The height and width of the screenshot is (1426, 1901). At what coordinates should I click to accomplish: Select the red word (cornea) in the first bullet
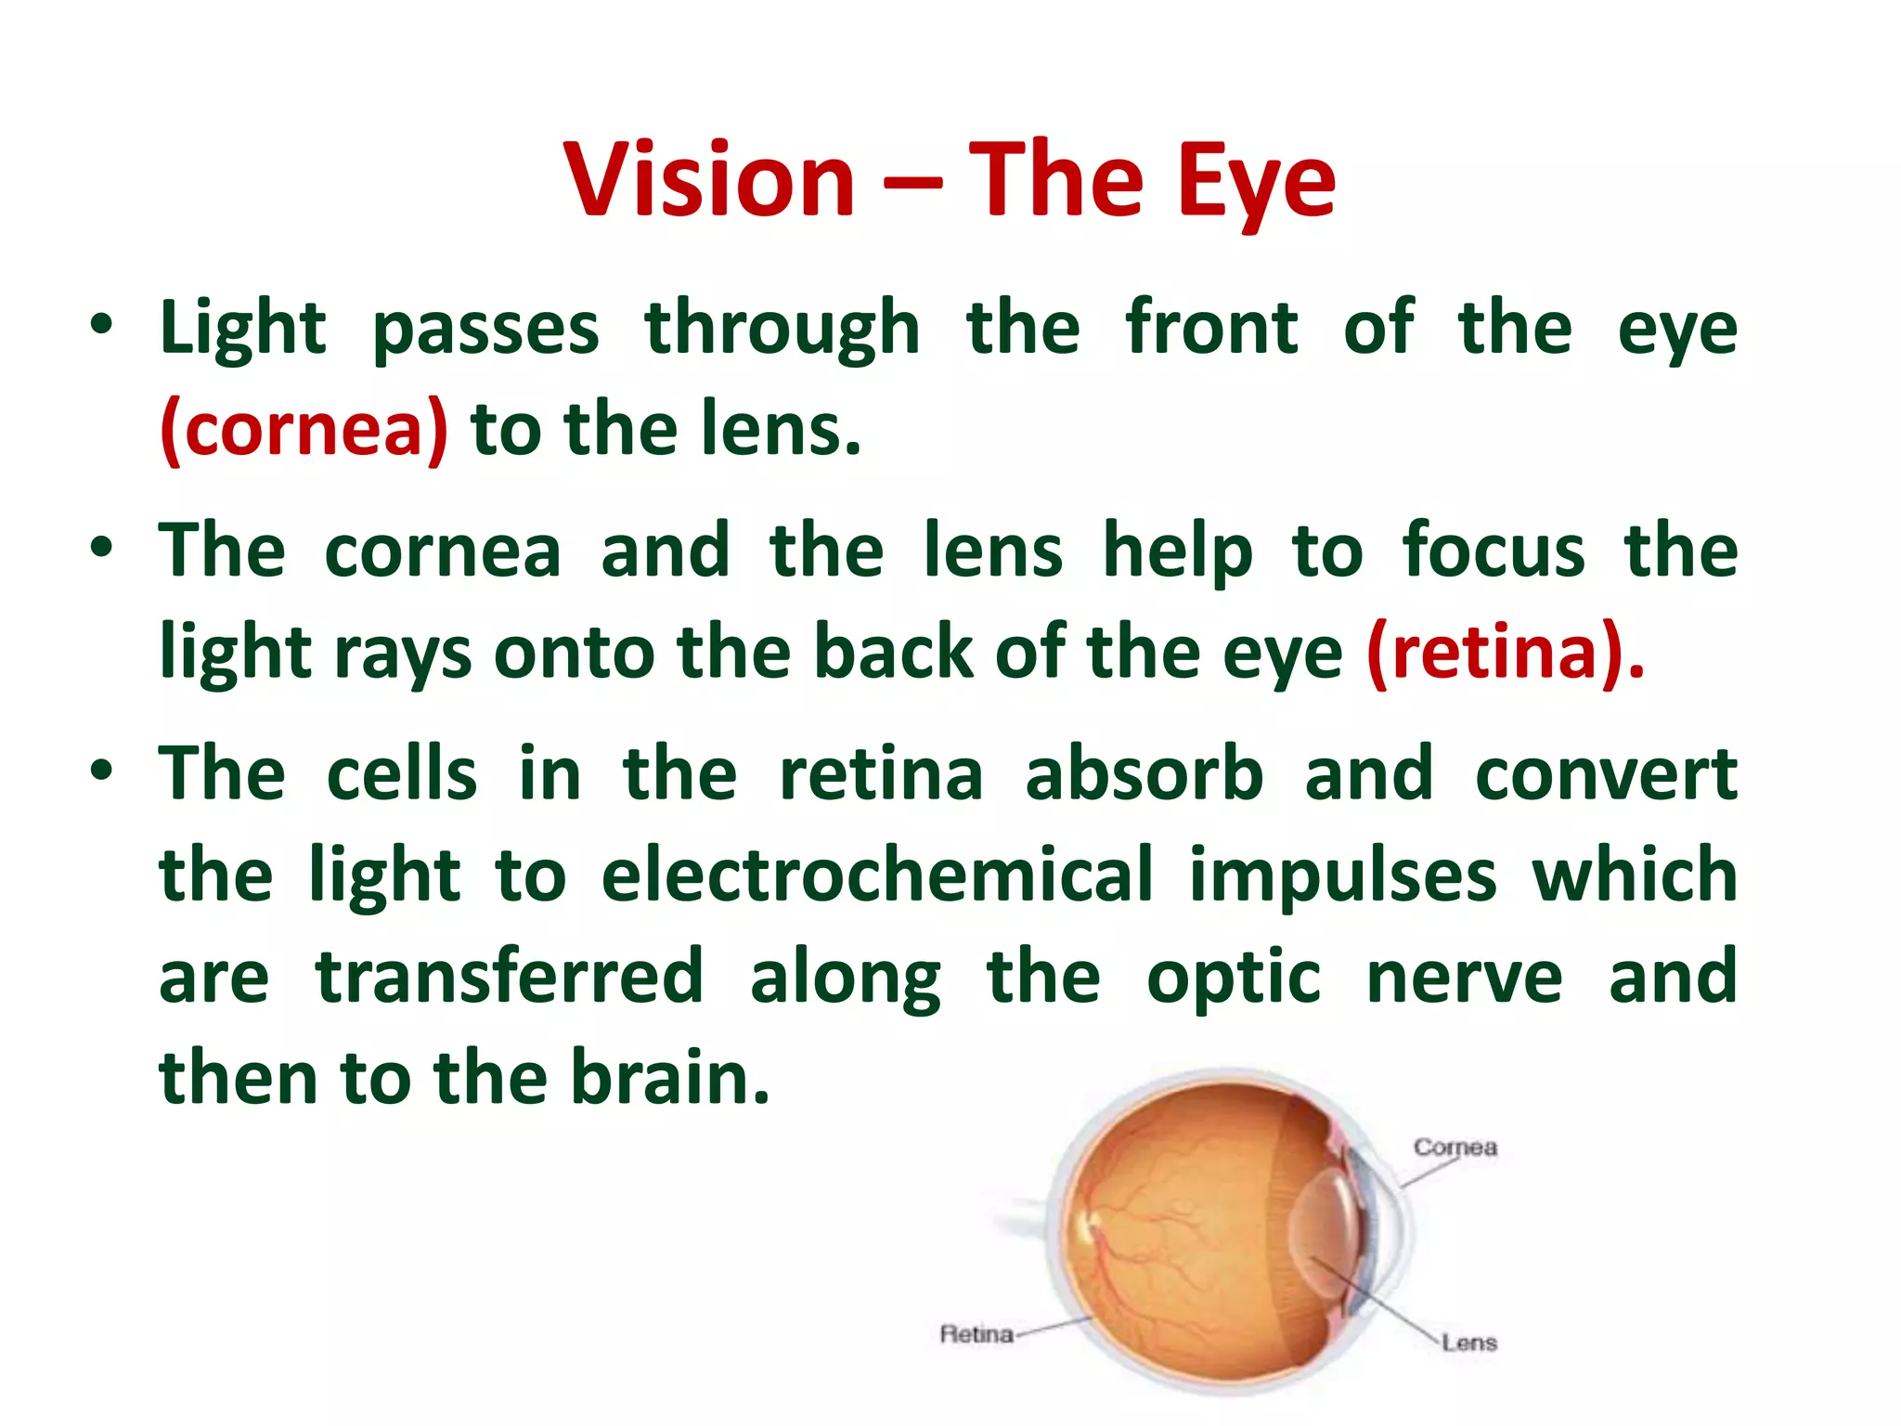pos(304,429)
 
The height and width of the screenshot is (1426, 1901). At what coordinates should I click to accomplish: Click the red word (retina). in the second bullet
pos(1505,654)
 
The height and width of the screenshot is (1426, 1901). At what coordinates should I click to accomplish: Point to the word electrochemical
pos(876,875)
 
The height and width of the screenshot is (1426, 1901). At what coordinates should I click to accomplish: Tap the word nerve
pos(1464,978)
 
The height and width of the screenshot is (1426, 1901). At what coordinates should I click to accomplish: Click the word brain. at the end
pos(669,1078)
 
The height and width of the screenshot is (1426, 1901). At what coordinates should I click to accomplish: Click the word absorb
pos(1144,773)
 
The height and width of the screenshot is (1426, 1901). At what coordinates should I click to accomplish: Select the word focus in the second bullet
pos(1493,551)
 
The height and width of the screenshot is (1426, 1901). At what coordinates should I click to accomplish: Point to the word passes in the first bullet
pos(485,330)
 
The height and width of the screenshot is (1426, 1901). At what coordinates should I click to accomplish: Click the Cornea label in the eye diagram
pos(1455,1147)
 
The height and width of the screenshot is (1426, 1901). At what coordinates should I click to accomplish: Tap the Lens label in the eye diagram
pos(1468,1342)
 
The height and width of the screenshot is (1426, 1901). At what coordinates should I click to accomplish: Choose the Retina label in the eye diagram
pos(976,1334)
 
